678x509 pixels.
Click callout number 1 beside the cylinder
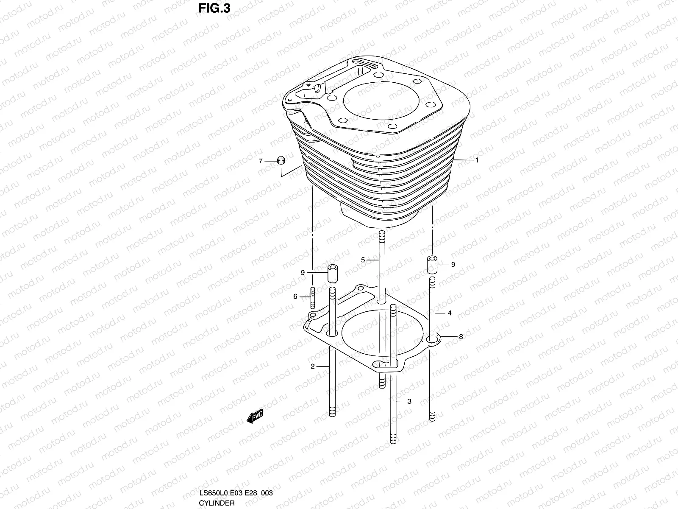coord(477,160)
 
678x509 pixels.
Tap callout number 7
coord(261,161)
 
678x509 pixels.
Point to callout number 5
coord(363,260)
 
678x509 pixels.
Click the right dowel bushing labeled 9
coord(432,264)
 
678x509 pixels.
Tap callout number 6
coord(295,297)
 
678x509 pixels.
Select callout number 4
coord(449,313)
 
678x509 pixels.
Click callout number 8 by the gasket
coord(461,337)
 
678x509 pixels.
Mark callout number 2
coord(312,366)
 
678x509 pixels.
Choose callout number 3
coord(409,401)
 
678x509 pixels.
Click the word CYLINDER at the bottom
coord(217,503)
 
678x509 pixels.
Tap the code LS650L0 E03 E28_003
coord(236,493)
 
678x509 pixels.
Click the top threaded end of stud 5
coord(381,235)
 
